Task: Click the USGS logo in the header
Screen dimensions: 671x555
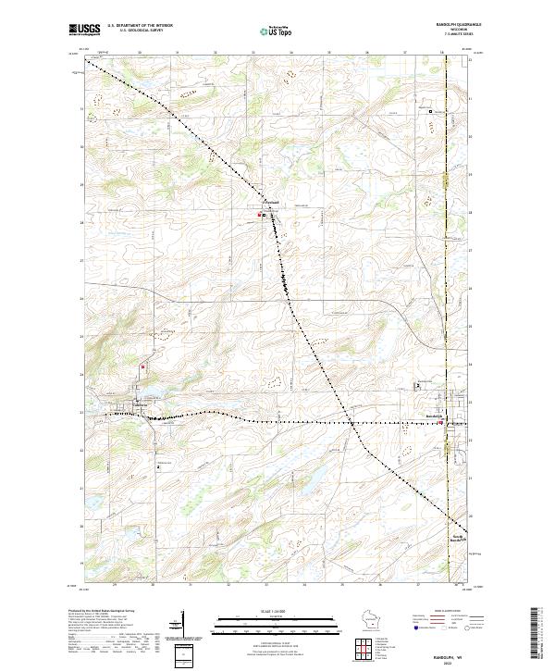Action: [x=85, y=30]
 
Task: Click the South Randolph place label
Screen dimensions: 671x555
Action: [x=458, y=538]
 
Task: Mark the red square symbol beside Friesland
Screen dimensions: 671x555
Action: [x=259, y=216]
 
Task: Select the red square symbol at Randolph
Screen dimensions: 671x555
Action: [x=441, y=424]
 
